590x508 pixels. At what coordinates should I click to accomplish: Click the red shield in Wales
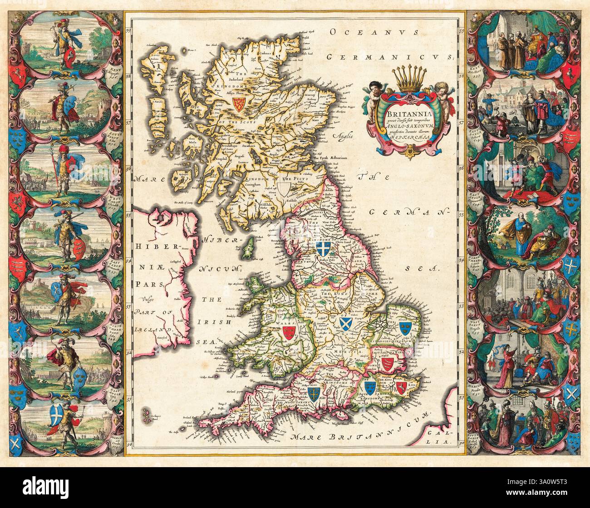click(x=289, y=332)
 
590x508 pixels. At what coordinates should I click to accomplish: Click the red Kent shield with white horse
click(x=401, y=386)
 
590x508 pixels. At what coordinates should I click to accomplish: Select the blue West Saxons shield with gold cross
click(x=313, y=392)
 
